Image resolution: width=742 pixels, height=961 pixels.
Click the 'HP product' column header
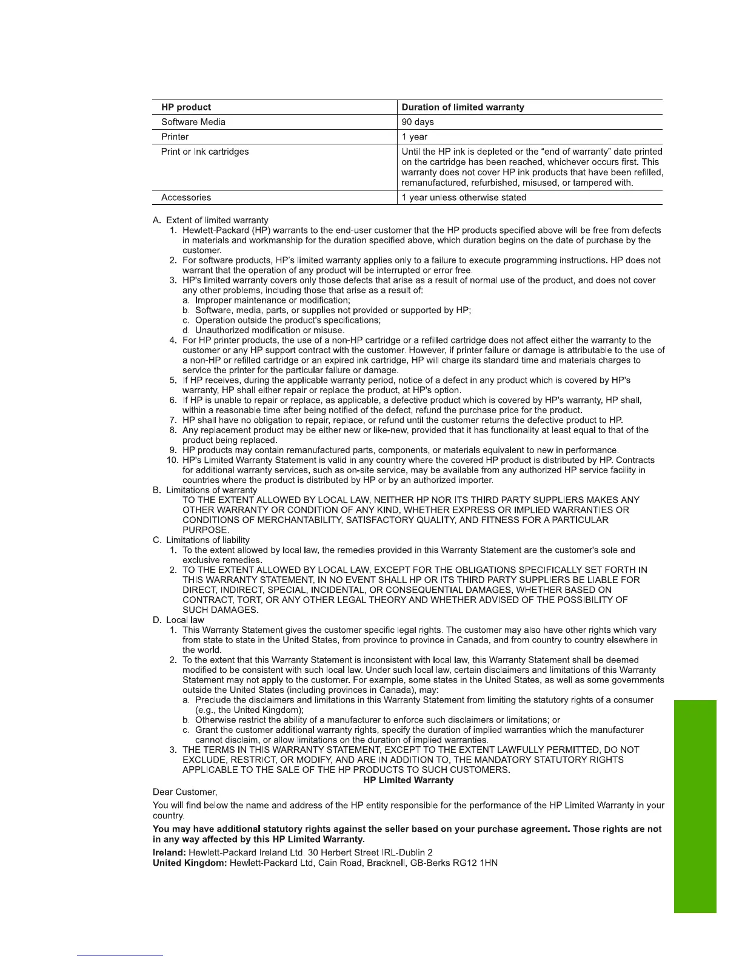tap(186, 107)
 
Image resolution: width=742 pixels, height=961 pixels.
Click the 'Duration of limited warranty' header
tap(463, 107)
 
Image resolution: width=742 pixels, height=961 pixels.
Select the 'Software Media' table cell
tap(193, 122)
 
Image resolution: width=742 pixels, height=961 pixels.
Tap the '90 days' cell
tap(418, 122)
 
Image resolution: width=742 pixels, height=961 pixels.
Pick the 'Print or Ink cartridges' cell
tap(205, 152)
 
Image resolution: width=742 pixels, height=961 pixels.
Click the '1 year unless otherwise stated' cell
tap(464, 198)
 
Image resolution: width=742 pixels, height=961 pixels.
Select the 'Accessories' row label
tap(186, 198)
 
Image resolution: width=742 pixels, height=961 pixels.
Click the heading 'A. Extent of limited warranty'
tap(210, 220)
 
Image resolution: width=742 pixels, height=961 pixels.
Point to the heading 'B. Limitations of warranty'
tap(205, 490)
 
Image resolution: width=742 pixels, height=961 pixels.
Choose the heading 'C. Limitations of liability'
tap(201, 540)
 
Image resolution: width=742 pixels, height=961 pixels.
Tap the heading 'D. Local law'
tap(178, 620)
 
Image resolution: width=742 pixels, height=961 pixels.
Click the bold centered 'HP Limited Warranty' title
tap(408, 780)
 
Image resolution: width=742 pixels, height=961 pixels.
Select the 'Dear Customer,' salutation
tap(185, 792)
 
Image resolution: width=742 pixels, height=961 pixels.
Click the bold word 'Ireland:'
tap(169, 852)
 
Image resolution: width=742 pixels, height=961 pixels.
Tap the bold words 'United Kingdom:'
tap(190, 863)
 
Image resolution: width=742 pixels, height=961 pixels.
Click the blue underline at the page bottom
tap(120, 956)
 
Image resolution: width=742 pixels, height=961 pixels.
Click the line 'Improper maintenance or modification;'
tap(272, 300)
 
